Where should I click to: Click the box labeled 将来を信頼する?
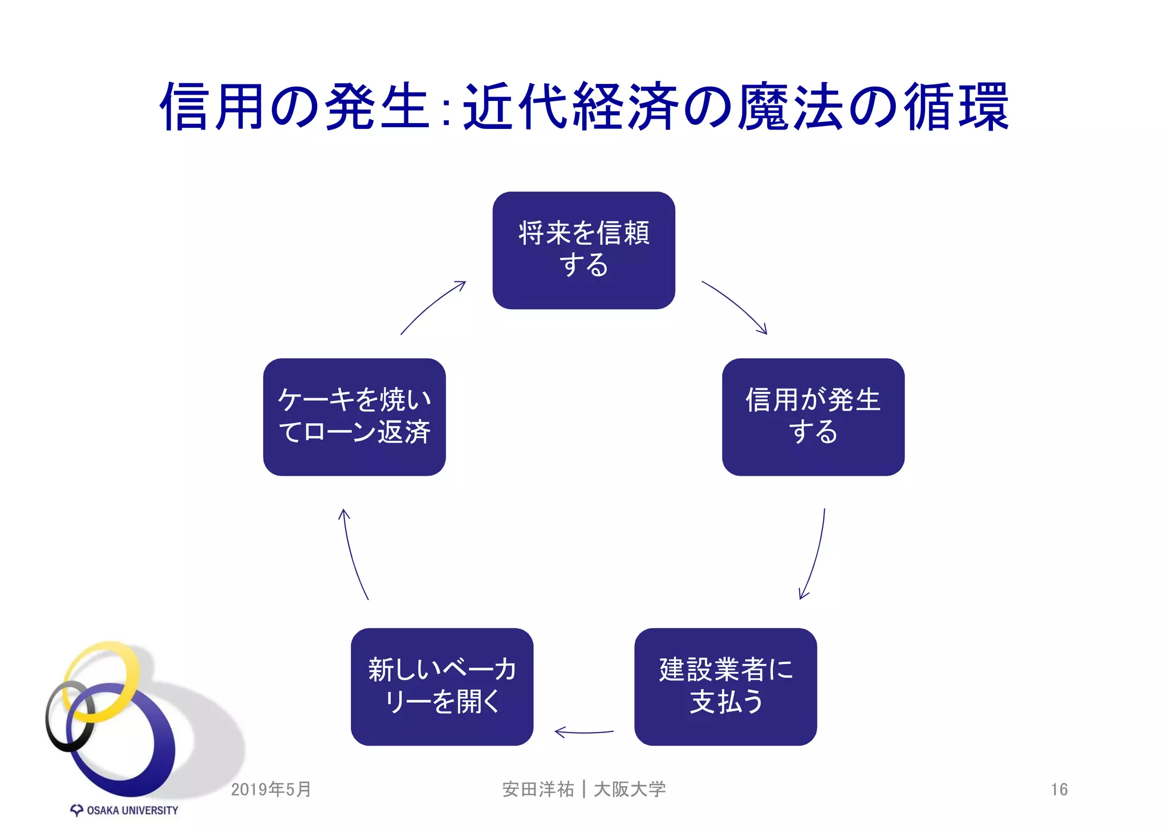tap(583, 250)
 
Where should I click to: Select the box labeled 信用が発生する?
tap(813, 416)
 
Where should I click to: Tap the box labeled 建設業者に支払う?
tap(725, 686)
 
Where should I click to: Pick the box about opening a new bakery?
tap(442, 686)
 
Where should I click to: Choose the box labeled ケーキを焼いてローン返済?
tap(354, 416)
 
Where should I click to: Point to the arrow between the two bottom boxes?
tap(584, 732)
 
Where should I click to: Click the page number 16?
tap(1059, 789)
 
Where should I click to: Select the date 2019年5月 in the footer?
tap(271, 789)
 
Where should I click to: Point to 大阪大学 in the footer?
tap(630, 789)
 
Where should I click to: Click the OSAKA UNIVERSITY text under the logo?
tap(132, 811)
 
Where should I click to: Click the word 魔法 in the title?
tap(790, 107)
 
